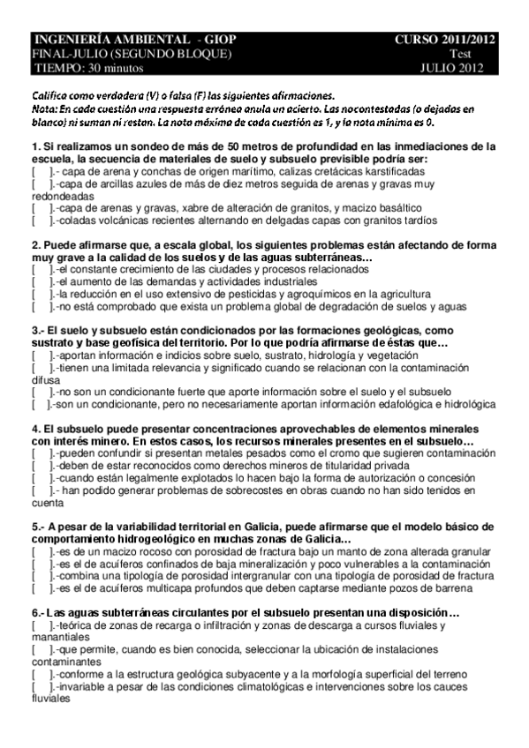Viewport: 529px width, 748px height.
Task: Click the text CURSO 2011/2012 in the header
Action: coord(445,40)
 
